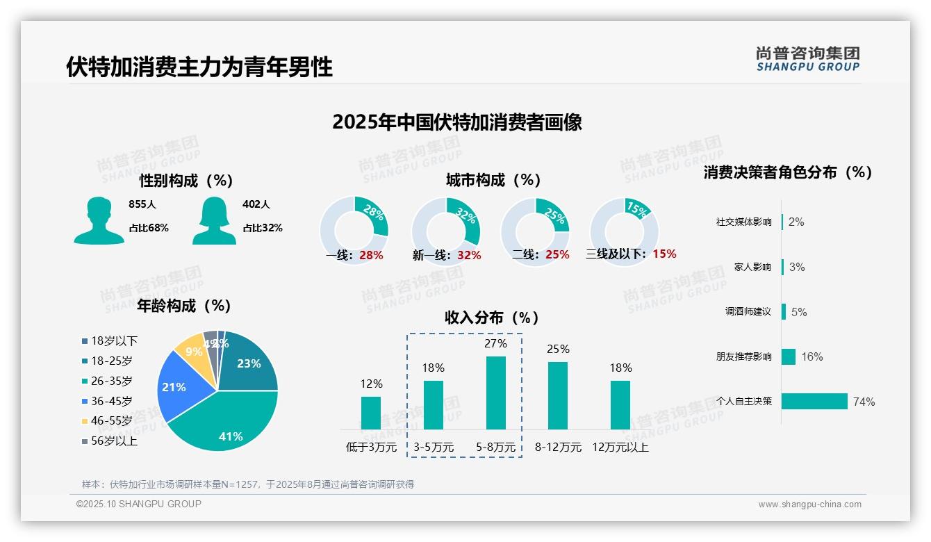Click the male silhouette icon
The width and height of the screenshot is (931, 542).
pyautogui.click(x=99, y=221)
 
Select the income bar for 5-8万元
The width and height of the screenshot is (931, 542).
pyautogui.click(x=495, y=393)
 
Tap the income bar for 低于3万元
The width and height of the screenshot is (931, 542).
pyautogui.click(x=371, y=413)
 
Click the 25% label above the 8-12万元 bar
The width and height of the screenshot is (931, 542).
pyautogui.click(x=558, y=349)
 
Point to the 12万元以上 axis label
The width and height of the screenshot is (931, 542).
pyautogui.click(x=620, y=447)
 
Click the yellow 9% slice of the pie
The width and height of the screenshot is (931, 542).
pyautogui.click(x=189, y=351)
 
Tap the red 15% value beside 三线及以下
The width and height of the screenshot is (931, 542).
pyautogui.click(x=664, y=254)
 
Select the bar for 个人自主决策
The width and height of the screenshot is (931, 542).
pyautogui.click(x=814, y=402)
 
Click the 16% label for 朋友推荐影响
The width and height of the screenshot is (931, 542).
pyautogui.click(x=811, y=356)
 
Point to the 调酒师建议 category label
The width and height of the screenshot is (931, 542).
pyautogui.click(x=748, y=312)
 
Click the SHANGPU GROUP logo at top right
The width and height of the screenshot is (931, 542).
pyautogui.click(x=807, y=59)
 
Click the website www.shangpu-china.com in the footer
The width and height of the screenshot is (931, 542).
pyautogui.click(x=809, y=504)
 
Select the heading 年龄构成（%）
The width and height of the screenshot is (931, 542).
pyautogui.click(x=184, y=306)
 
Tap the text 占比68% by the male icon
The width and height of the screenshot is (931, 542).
pyautogui.click(x=149, y=228)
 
